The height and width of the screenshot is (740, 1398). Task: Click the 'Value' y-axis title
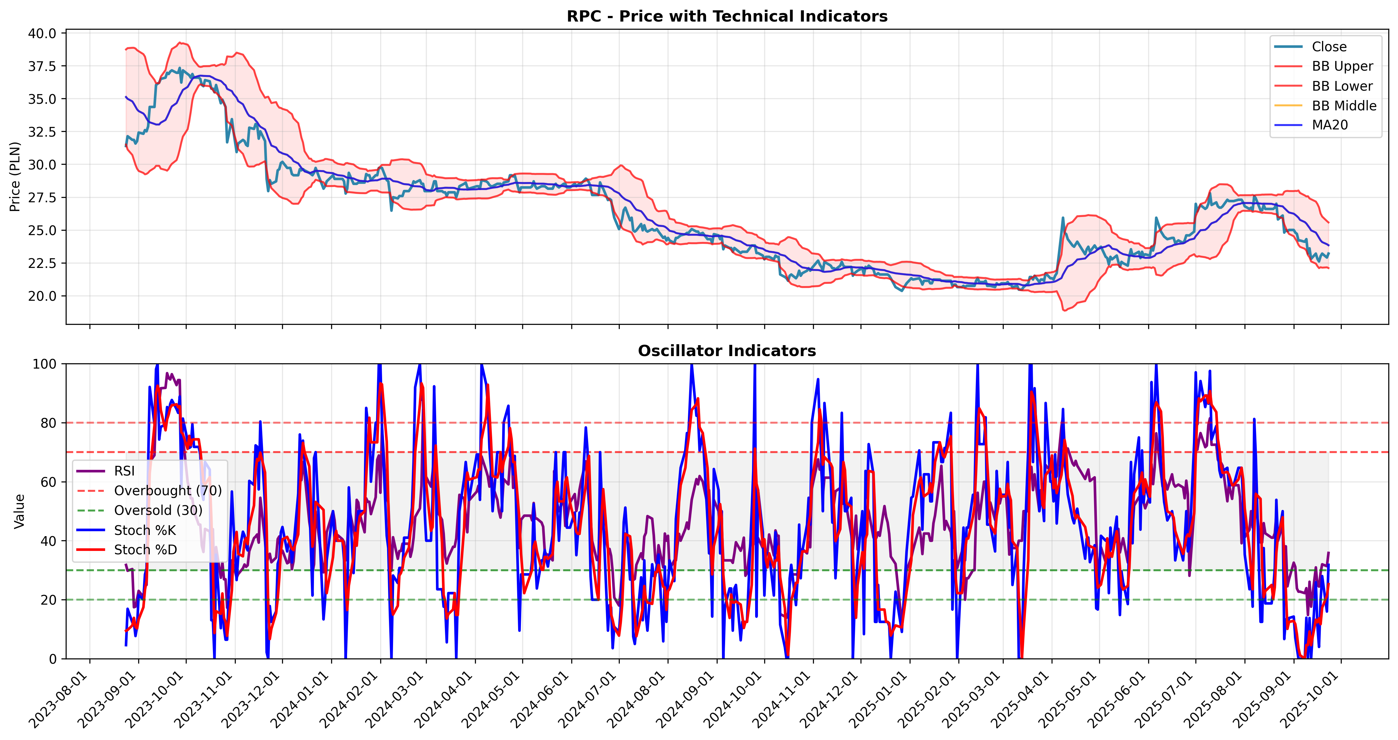pos(19,511)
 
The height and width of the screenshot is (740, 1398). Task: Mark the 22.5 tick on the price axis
pos(42,264)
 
